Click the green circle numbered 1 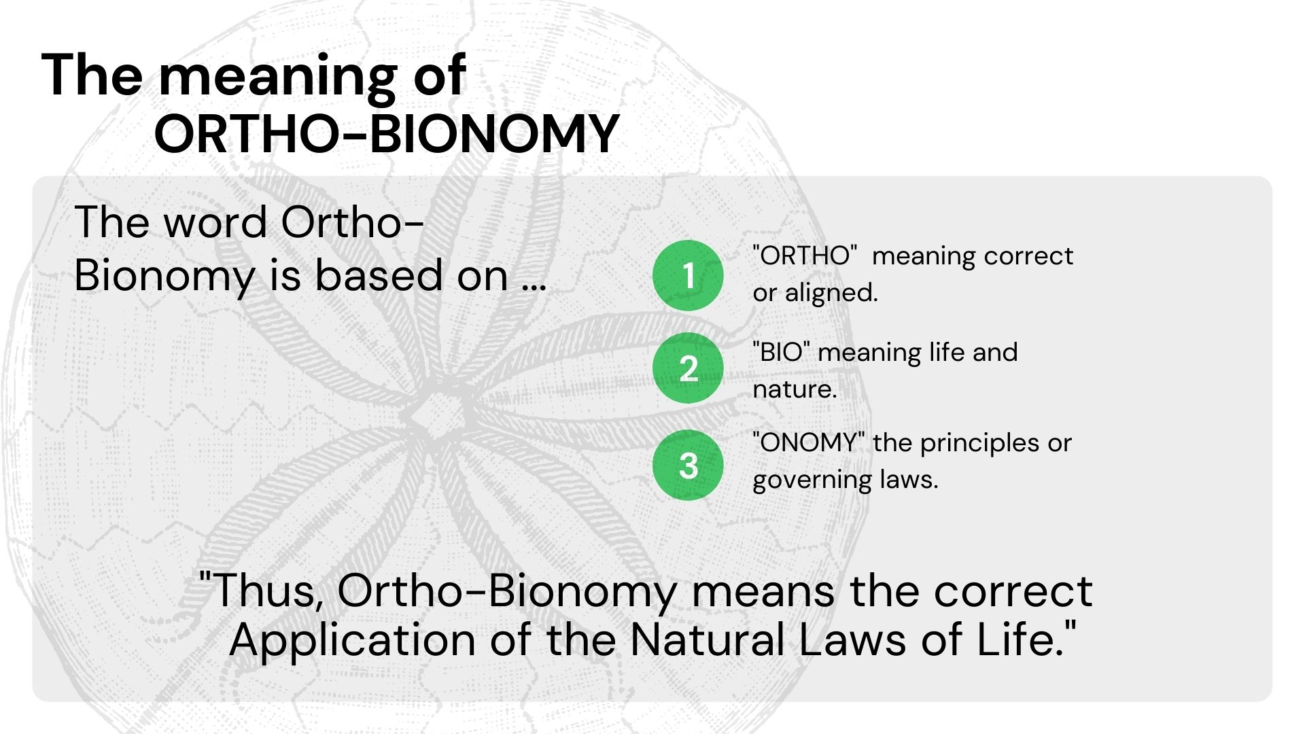(x=688, y=275)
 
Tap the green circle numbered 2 (x=688, y=368)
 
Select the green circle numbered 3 (x=688, y=465)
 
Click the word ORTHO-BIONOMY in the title (x=386, y=134)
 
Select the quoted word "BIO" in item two (x=781, y=352)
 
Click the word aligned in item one (x=831, y=293)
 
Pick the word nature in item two (x=795, y=389)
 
